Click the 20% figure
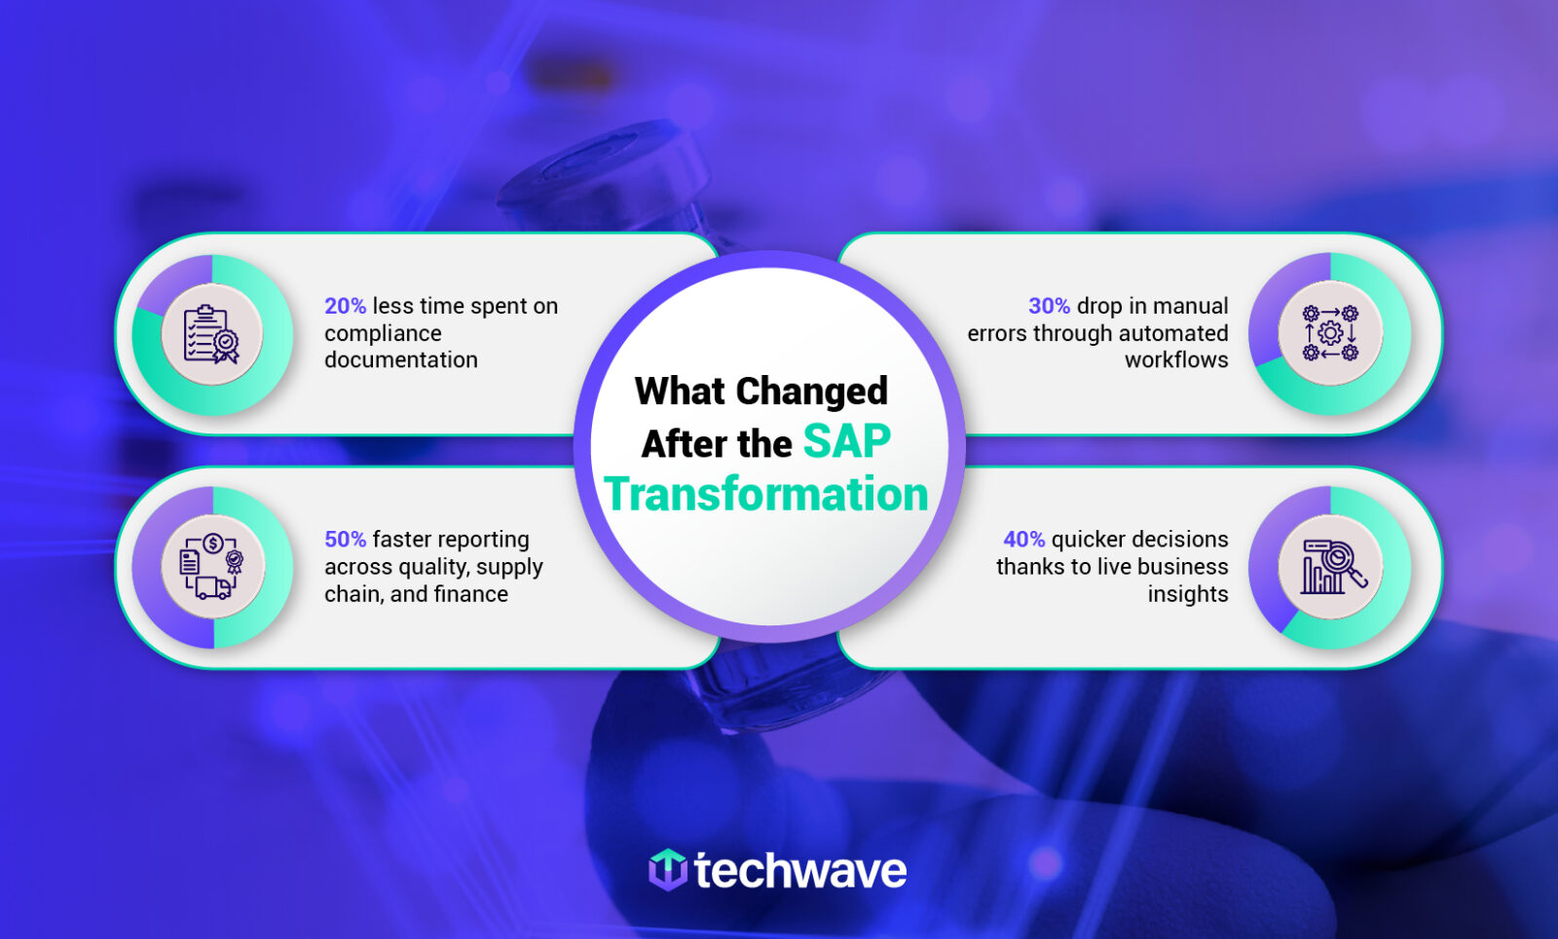(x=345, y=306)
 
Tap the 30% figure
(x=1049, y=306)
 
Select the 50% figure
(x=345, y=540)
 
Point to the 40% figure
(x=1023, y=540)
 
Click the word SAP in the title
(x=846, y=442)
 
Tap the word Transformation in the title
(x=766, y=495)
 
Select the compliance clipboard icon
(x=212, y=334)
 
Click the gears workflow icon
(x=1330, y=333)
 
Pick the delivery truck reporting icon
(x=212, y=567)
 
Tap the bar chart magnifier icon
(x=1330, y=567)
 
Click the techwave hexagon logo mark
(x=668, y=870)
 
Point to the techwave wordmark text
(x=800, y=871)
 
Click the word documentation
(x=401, y=360)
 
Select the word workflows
(x=1176, y=360)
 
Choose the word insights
(x=1187, y=594)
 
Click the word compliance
(x=383, y=333)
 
